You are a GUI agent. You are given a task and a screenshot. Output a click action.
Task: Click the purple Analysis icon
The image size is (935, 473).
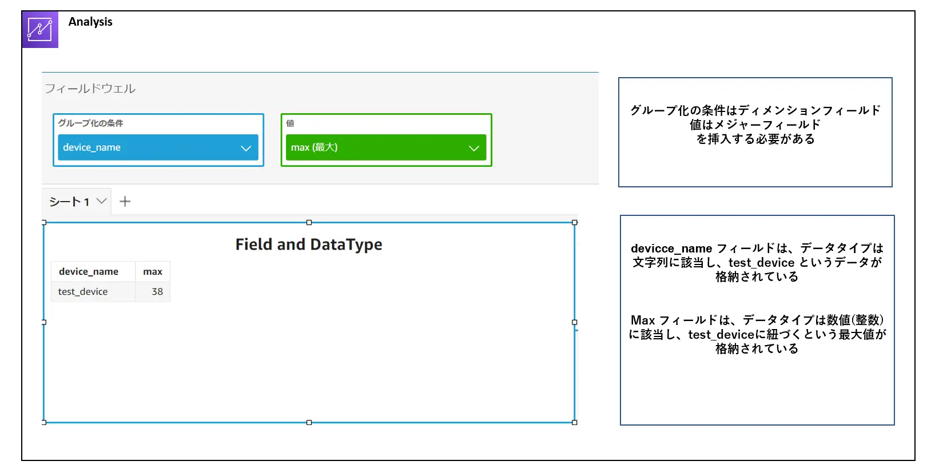[x=40, y=30]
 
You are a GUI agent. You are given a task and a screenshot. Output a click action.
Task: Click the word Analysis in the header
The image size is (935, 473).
[x=90, y=22]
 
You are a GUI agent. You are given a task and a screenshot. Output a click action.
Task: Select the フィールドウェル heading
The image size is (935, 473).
[x=90, y=89]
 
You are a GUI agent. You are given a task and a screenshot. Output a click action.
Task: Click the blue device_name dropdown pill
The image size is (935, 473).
[x=158, y=147]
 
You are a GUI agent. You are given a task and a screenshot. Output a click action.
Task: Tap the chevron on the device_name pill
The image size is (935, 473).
[x=246, y=148]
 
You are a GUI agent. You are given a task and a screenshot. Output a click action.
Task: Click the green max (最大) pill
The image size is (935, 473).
[x=386, y=147]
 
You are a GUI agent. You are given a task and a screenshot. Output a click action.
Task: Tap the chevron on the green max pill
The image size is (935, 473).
[x=474, y=148]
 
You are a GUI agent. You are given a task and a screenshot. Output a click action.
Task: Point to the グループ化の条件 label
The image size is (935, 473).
[x=90, y=123]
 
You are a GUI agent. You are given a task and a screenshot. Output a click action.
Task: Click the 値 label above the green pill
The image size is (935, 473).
[x=290, y=123]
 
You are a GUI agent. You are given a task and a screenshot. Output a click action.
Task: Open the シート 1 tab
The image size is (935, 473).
[x=77, y=202]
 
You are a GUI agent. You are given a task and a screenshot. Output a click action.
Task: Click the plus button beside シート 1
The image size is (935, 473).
[x=125, y=202]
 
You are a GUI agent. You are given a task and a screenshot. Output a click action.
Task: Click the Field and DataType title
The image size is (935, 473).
[x=309, y=244]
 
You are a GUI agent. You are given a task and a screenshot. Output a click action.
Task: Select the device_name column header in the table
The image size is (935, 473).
[x=89, y=271]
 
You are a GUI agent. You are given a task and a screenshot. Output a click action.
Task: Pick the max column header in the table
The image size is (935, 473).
[x=153, y=271]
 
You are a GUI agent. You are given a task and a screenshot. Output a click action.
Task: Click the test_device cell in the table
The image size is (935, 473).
[x=83, y=291]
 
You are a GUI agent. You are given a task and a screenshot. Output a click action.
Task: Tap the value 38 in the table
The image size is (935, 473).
[x=157, y=291]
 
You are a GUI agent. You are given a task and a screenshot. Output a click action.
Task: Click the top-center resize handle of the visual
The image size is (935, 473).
[x=309, y=223]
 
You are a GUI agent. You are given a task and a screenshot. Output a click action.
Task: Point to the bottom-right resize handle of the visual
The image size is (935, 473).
[x=574, y=423]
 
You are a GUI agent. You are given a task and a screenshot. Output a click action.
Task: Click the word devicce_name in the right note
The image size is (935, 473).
[x=671, y=248]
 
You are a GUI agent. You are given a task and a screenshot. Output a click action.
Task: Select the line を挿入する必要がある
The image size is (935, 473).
[x=755, y=139]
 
